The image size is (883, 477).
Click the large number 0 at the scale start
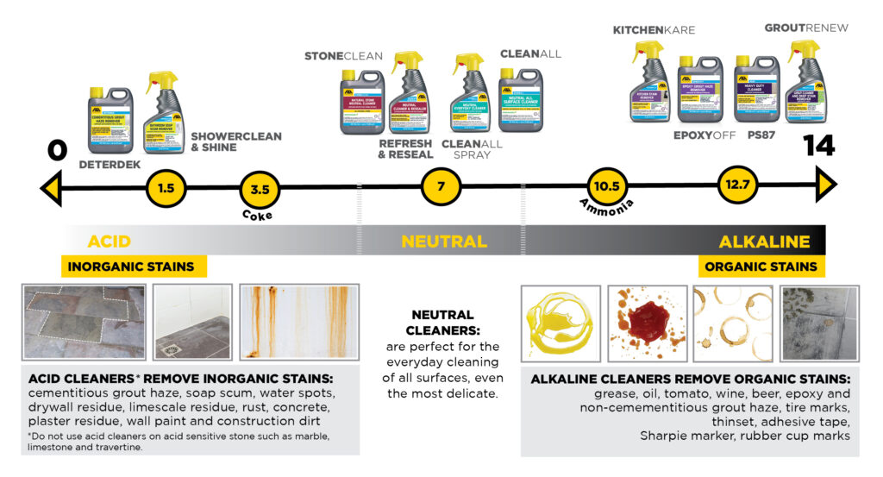click(58, 149)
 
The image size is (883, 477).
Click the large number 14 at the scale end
click(818, 146)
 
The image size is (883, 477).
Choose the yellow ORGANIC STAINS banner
click(761, 267)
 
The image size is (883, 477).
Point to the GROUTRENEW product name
click(806, 28)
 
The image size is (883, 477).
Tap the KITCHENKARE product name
click(654, 30)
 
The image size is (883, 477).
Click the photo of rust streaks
click(298, 322)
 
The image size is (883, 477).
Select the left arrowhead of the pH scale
click(51, 186)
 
